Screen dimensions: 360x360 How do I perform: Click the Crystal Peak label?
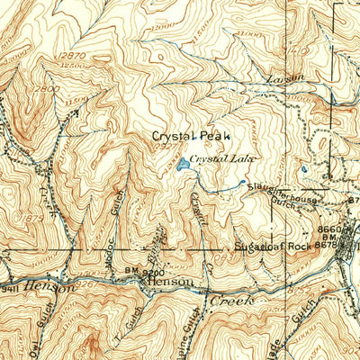[x=190, y=136]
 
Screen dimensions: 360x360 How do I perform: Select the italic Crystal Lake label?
[x=222, y=158]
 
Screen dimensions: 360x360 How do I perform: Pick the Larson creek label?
[x=284, y=81]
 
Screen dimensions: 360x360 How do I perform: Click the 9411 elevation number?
[x=9, y=290]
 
